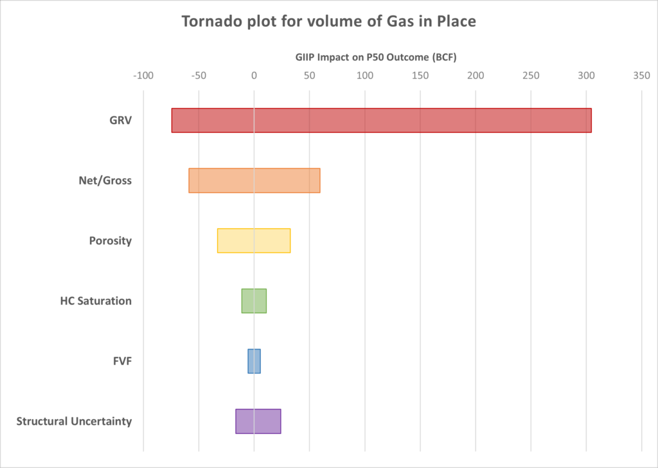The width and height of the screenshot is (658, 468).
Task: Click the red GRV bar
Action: point(381,120)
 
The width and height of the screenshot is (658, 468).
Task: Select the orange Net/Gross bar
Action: point(254,181)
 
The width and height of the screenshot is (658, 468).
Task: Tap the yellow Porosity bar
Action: point(254,240)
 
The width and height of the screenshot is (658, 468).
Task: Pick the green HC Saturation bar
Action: point(254,301)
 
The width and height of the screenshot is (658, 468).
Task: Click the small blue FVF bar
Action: point(254,361)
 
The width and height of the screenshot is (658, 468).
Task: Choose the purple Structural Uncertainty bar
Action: point(258,421)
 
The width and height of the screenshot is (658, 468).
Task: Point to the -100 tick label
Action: point(143,76)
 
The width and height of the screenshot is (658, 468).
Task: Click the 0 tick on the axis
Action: point(254,76)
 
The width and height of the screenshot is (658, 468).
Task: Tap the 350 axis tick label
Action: point(641,76)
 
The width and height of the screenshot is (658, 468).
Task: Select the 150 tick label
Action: point(420,76)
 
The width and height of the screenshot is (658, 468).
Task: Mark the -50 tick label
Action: point(199,76)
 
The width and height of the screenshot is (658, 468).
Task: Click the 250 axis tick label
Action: point(531,76)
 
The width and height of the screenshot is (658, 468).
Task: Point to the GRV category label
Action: point(121,120)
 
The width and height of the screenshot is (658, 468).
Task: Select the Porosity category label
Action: point(111,241)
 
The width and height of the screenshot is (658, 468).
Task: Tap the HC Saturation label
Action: point(96,301)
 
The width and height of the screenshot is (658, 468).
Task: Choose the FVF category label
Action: point(122,361)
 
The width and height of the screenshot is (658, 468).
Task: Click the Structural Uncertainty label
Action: point(74,422)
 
